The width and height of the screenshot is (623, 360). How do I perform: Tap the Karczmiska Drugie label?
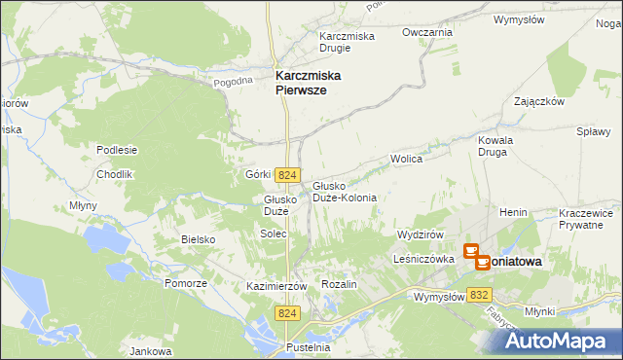pos(348,43)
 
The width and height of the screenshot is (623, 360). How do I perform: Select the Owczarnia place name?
pos(427,32)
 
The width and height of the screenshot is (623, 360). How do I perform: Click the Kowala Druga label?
pos(495,146)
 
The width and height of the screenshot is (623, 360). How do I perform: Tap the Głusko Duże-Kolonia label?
pos(345,191)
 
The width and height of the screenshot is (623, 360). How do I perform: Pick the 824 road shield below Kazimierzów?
pos(286,313)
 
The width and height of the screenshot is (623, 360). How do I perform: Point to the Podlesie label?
pos(117,150)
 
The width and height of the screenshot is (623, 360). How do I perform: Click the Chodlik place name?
pos(114,174)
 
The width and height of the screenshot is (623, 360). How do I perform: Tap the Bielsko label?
pos(198,238)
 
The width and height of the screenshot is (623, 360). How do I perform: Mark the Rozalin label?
pos(340,284)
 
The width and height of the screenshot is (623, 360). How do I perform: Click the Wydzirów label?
pos(421,234)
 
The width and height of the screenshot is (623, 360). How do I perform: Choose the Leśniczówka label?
pos(425,260)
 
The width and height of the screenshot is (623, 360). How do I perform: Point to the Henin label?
pos(513,211)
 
